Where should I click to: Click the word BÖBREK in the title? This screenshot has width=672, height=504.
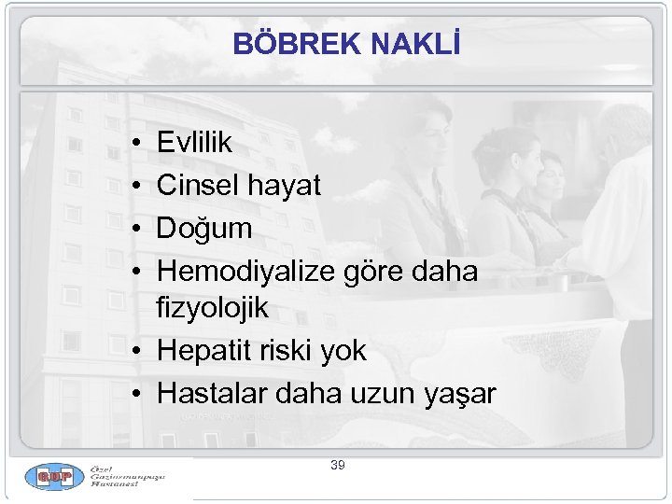286,44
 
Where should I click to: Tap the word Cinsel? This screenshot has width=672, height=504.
198,186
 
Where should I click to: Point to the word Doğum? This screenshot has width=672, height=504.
204,229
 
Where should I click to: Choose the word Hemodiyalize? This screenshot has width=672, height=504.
245,272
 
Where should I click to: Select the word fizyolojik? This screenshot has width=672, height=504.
213,307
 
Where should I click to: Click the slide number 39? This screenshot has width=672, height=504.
337,464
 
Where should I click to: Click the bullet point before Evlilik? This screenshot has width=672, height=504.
136,144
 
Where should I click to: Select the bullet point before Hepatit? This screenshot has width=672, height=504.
136,352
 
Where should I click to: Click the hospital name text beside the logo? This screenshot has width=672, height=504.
128,478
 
